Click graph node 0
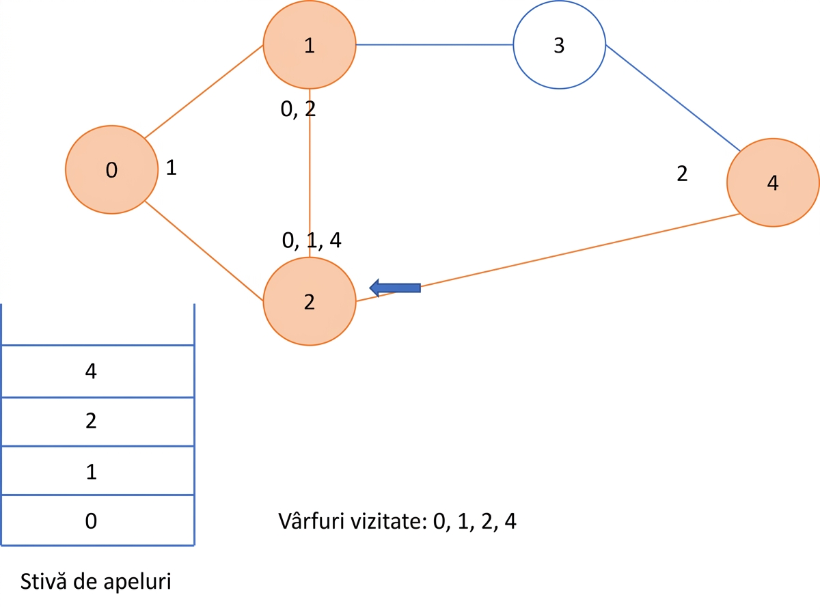(x=111, y=169)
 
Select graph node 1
(x=310, y=44)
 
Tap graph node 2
(x=310, y=301)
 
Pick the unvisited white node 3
(x=560, y=44)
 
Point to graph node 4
(x=773, y=182)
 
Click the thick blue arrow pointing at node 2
(x=395, y=288)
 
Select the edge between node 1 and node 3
(x=435, y=44)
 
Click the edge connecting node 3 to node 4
(x=673, y=98)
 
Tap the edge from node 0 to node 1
(x=204, y=92)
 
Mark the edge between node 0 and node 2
(x=204, y=251)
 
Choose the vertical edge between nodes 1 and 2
(x=310, y=173)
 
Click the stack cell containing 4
(x=98, y=371)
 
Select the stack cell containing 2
(x=98, y=421)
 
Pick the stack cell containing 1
(x=98, y=470)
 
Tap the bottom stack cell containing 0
(x=98, y=520)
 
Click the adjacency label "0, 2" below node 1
(x=298, y=109)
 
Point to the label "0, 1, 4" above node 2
(x=312, y=240)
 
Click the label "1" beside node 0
(x=171, y=167)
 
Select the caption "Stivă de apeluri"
(x=96, y=581)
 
